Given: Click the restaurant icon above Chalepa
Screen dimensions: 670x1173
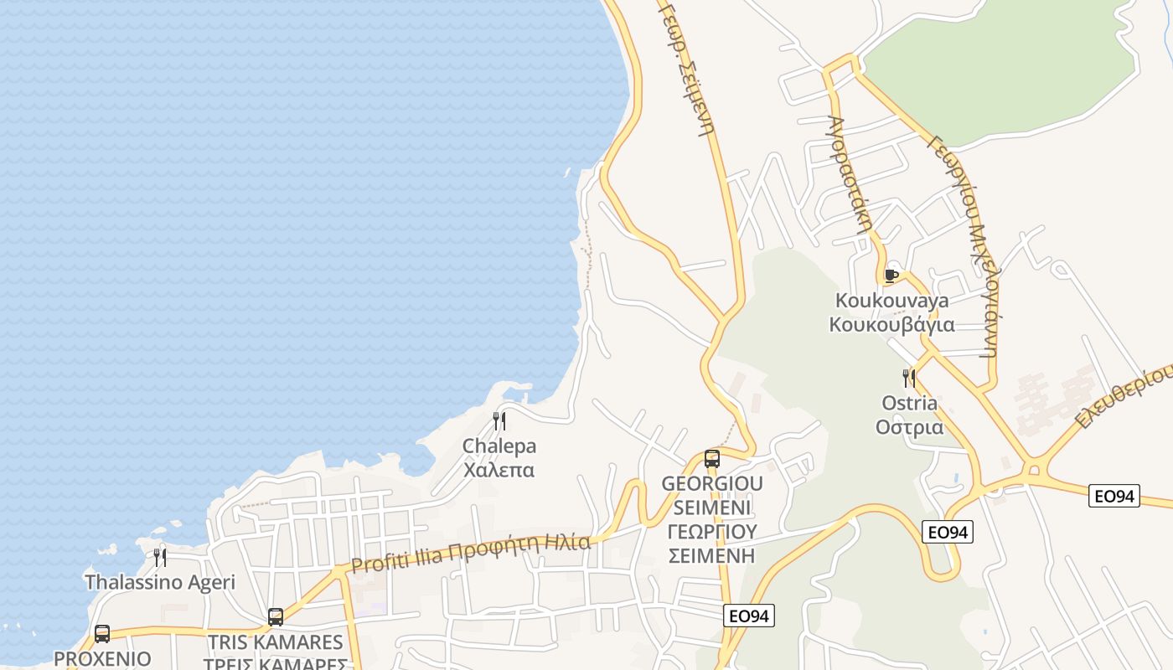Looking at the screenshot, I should click(x=499, y=420).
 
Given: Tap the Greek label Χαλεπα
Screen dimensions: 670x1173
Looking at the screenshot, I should click(x=499, y=470).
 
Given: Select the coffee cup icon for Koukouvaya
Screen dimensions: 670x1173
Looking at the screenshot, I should click(x=891, y=275).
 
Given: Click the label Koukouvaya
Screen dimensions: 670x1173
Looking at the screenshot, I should click(x=892, y=301).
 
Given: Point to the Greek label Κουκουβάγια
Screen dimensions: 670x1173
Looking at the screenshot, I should click(x=892, y=325).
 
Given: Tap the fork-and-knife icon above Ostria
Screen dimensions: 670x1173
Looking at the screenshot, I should click(x=909, y=378).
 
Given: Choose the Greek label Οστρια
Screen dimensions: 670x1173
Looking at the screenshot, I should click(x=909, y=427).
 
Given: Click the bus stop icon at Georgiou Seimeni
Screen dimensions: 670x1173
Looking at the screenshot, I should click(x=712, y=459).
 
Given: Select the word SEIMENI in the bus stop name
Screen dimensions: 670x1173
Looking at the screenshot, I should click(x=712, y=508).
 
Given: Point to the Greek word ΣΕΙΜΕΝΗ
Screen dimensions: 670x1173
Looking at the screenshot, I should click(x=712, y=555).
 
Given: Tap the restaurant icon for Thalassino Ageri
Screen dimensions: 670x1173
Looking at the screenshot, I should click(x=159, y=557).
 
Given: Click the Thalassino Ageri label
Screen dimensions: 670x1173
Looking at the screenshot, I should click(x=160, y=582).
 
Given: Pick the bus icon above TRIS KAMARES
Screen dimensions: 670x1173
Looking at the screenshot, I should click(x=276, y=617).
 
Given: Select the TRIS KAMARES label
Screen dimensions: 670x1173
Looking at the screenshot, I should click(x=276, y=642).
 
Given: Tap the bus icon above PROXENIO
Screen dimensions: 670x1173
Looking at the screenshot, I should click(x=102, y=634).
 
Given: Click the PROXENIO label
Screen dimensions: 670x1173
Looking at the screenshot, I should click(x=102, y=658).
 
